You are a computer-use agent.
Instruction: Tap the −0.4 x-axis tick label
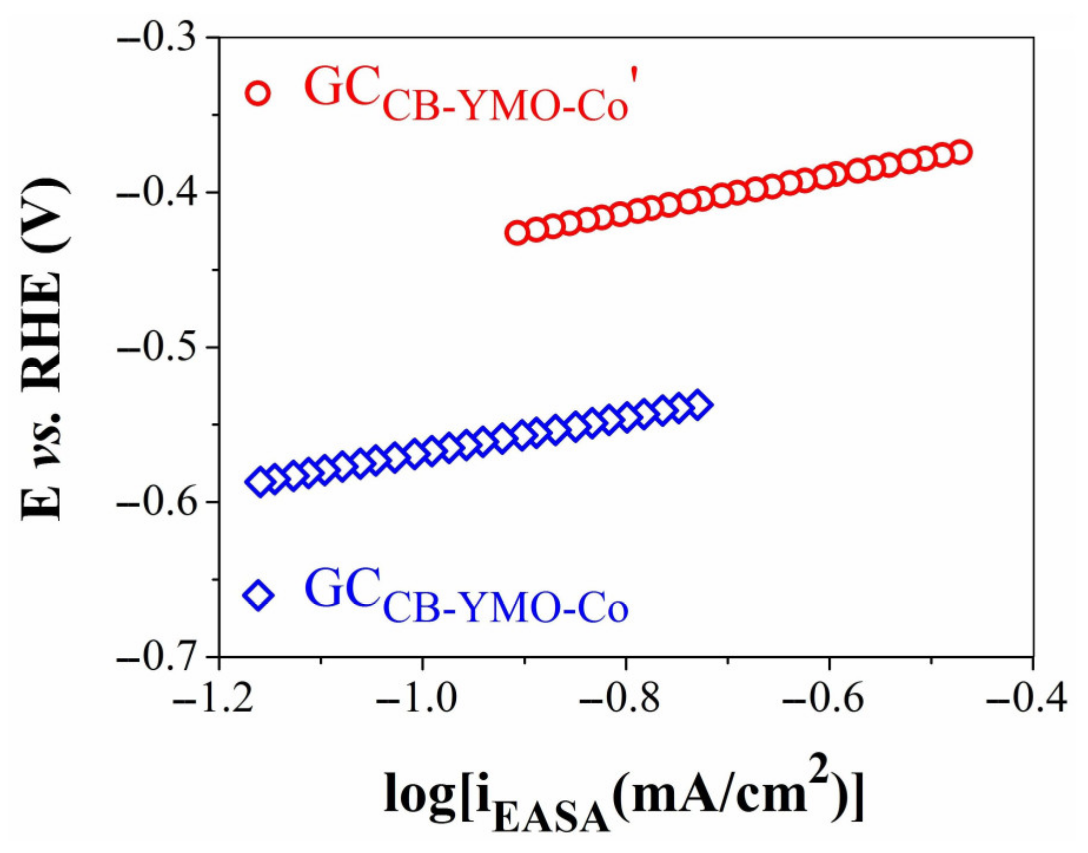pyautogui.click(x=1028, y=699)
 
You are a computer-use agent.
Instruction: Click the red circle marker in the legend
pyautogui.click(x=258, y=92)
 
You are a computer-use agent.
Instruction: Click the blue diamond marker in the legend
pyautogui.click(x=259, y=595)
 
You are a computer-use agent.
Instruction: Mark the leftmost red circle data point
pyautogui.click(x=517, y=233)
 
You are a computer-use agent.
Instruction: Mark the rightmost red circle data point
pyautogui.click(x=961, y=152)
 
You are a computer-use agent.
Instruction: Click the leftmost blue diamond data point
pyautogui.click(x=259, y=482)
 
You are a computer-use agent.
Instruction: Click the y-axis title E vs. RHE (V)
pyautogui.click(x=42, y=348)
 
